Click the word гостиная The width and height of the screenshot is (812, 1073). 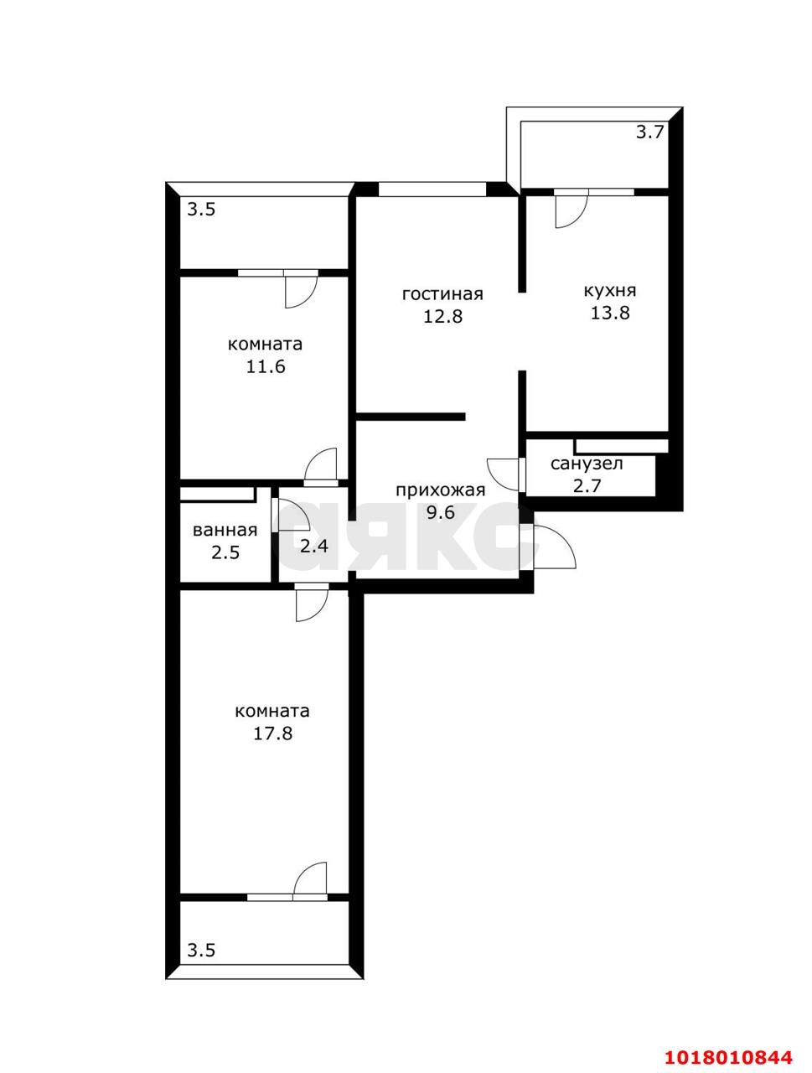click(442, 294)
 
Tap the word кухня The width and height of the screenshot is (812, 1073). click(610, 290)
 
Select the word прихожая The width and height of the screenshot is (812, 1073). click(440, 490)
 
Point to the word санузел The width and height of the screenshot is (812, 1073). click(587, 464)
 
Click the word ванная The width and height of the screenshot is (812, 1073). click(225, 531)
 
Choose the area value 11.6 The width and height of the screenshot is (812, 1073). click(266, 366)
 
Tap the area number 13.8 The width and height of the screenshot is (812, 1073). click(610, 313)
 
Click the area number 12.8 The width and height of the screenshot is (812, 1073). click(442, 316)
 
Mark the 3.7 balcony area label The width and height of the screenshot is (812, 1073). click(649, 132)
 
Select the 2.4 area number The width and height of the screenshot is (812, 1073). click(313, 546)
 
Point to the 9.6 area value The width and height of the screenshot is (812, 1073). click(440, 512)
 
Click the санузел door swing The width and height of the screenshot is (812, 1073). click(504, 474)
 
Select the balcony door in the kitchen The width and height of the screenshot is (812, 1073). click(571, 210)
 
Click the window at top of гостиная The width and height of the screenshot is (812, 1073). click(432, 189)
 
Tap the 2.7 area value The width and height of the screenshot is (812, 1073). click(587, 486)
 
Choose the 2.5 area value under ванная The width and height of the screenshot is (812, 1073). click(225, 553)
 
